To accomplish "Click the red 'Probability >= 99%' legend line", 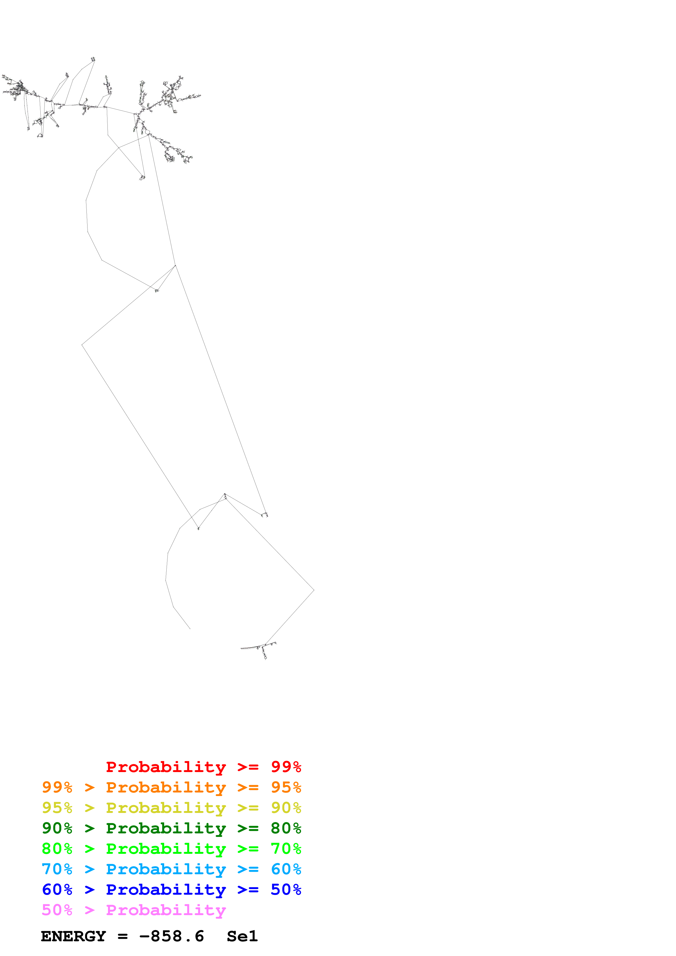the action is [x=203, y=767].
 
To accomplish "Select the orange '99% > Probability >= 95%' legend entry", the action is [x=171, y=787].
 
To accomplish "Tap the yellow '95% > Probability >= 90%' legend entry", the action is [x=171, y=808].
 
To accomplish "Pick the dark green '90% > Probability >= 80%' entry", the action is [x=171, y=828].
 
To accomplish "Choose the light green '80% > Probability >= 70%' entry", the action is [x=171, y=849].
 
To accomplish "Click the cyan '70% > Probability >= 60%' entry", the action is [x=171, y=869].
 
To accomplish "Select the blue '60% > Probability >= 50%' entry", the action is [x=171, y=890].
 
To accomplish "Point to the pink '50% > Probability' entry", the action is [x=134, y=910].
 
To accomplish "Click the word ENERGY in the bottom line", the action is [x=73, y=936].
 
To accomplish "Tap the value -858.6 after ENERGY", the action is [x=172, y=936].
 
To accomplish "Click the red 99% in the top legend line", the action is [x=286, y=767].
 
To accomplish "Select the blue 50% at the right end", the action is [x=286, y=890].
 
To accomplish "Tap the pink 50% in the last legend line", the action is [x=57, y=910].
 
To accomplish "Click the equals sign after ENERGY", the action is [x=122, y=936].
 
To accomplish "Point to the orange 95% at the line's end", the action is [x=286, y=787].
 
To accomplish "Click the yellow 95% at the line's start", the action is [x=57, y=808].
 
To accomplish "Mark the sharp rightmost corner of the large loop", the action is [x=314, y=590].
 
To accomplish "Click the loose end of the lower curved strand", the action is [x=190, y=629].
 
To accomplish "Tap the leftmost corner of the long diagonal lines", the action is [x=82, y=345].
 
